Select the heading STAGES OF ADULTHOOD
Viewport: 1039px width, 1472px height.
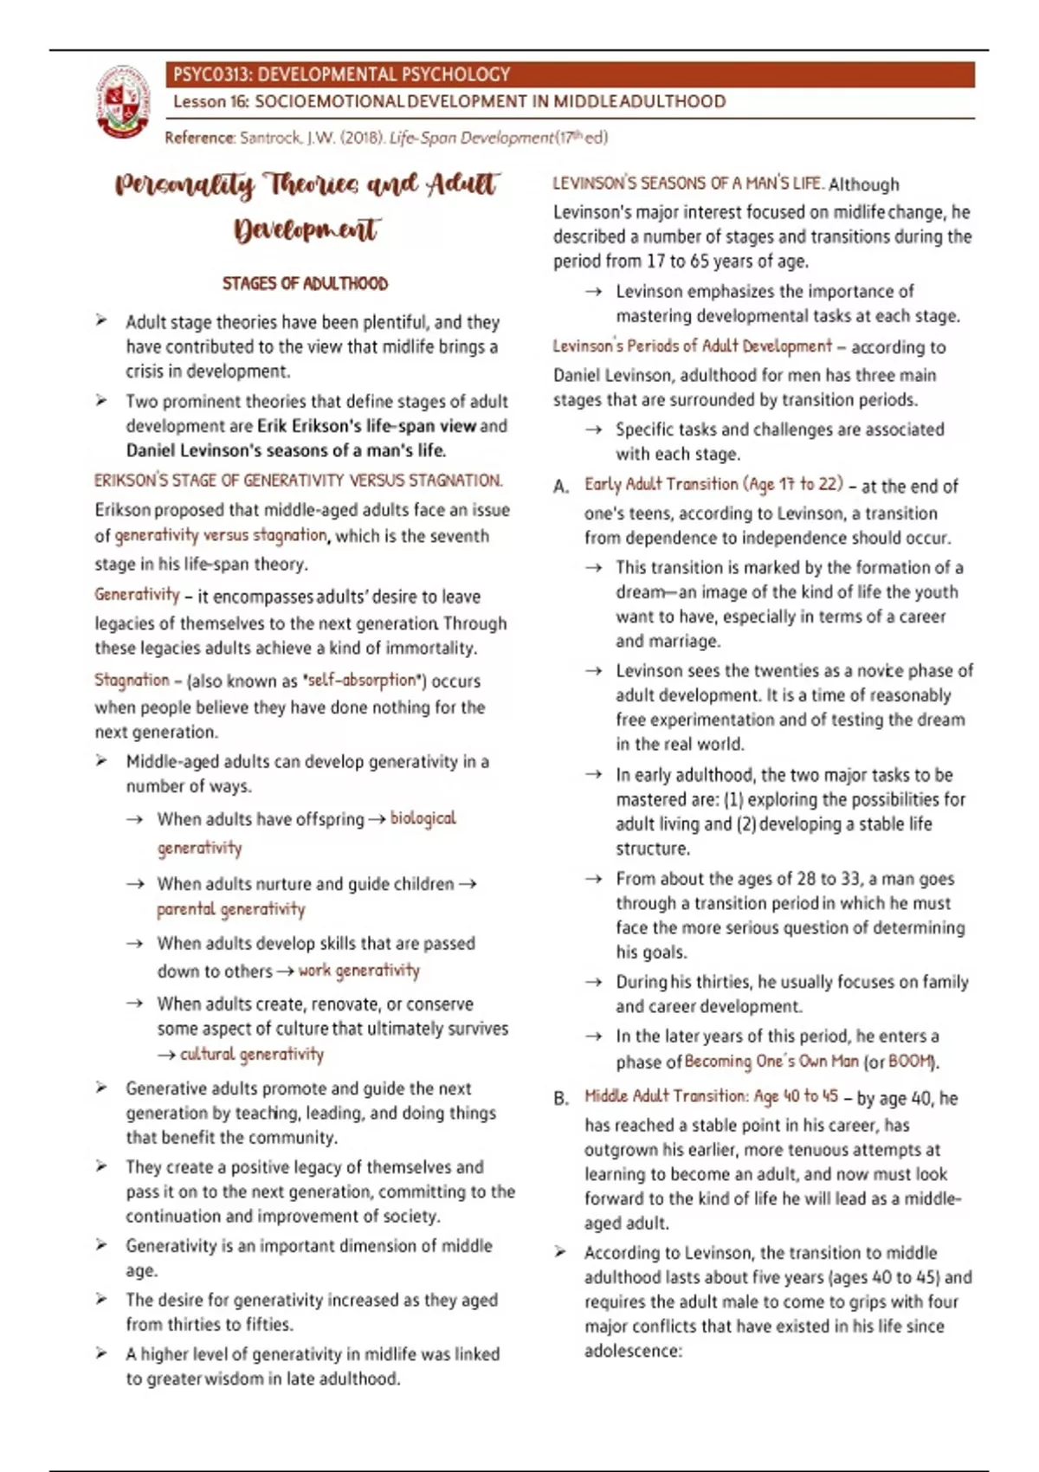(305, 283)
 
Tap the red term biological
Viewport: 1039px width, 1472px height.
(423, 818)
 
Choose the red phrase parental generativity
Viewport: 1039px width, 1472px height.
(230, 909)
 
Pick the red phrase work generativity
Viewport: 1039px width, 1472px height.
(358, 971)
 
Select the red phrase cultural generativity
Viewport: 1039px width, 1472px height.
(251, 1054)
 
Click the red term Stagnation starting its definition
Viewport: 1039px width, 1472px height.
(132, 680)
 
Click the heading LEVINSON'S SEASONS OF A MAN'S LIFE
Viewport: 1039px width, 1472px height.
(687, 184)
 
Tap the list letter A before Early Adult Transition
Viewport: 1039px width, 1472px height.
(561, 487)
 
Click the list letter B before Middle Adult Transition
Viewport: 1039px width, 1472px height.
(561, 1098)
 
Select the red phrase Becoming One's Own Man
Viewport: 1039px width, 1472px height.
(771, 1062)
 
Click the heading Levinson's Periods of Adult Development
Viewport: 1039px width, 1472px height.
(692, 346)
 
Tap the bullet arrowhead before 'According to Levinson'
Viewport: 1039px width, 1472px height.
(561, 1252)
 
